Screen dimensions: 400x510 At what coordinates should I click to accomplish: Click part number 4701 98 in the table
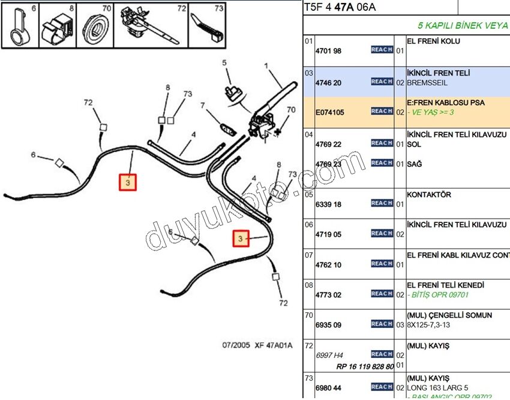click(328, 51)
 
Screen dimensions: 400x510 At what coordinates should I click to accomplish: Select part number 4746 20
click(328, 82)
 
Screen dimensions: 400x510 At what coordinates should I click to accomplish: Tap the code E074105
click(330, 112)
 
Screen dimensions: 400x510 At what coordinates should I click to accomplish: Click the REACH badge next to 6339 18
click(382, 204)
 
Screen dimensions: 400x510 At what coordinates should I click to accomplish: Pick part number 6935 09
click(328, 325)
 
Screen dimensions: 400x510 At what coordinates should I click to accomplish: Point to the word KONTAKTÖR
click(429, 195)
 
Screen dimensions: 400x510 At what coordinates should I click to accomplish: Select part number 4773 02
click(328, 295)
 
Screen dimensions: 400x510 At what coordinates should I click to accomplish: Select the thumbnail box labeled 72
click(151, 25)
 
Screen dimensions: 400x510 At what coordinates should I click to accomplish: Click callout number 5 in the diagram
click(224, 62)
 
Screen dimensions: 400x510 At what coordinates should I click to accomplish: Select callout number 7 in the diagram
click(203, 106)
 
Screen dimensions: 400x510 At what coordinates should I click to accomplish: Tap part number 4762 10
click(328, 265)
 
